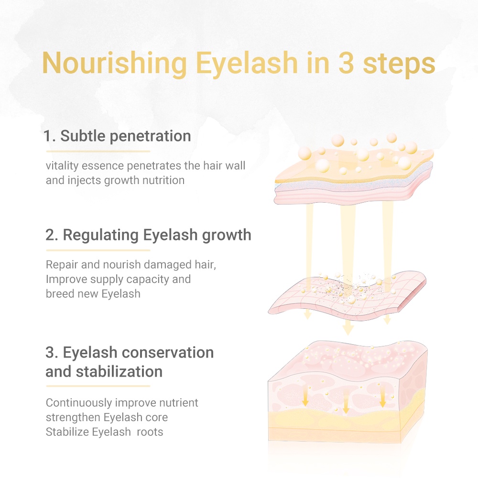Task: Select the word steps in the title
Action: pyautogui.click(x=399, y=64)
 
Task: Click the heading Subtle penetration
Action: pyautogui.click(x=118, y=136)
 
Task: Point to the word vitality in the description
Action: pyautogui.click(x=63, y=166)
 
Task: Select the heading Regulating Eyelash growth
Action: pyautogui.click(x=149, y=235)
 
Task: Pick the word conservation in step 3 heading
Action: pyautogui.click(x=168, y=352)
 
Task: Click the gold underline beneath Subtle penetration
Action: pyautogui.click(x=98, y=151)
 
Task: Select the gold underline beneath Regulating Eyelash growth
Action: pyautogui.click(x=98, y=250)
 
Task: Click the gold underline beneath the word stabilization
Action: pyautogui.click(x=98, y=386)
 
